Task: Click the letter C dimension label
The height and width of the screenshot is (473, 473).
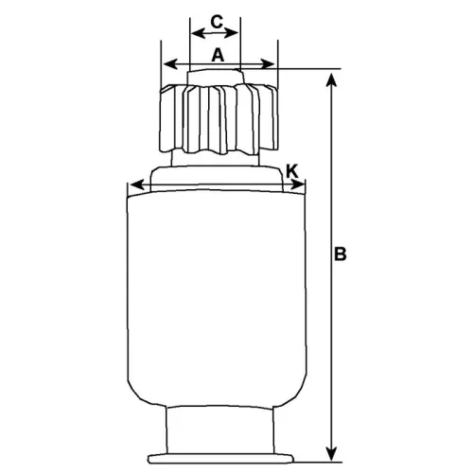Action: tap(216, 20)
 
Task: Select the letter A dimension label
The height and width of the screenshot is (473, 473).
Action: tap(218, 55)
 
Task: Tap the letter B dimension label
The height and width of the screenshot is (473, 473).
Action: tap(342, 254)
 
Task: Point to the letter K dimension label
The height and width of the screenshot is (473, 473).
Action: tap(292, 170)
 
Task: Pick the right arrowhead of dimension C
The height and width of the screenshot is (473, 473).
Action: tap(236, 33)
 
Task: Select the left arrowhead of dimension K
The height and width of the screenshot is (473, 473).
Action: tap(132, 184)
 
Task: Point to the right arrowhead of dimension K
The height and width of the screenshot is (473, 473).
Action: tap(304, 184)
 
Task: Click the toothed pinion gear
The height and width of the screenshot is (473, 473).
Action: tap(219, 118)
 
